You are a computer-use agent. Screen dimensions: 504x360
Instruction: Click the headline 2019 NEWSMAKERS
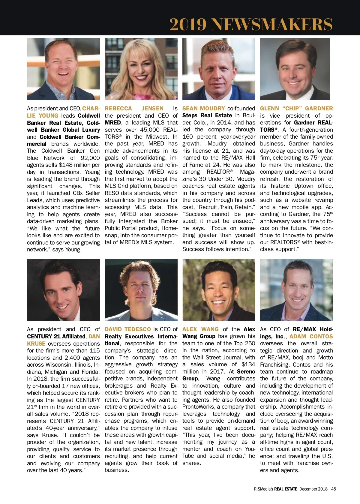tap(251, 24)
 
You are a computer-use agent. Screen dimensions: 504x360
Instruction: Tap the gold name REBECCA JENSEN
tap(134, 108)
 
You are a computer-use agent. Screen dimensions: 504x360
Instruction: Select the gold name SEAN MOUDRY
tap(203, 108)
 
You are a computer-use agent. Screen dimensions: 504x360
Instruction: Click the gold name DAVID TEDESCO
tap(127, 329)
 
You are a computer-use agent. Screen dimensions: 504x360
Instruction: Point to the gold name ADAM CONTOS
tap(311, 336)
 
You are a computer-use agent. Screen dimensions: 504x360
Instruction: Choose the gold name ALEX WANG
tap(200, 329)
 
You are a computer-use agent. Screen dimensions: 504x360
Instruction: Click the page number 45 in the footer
tap(334, 489)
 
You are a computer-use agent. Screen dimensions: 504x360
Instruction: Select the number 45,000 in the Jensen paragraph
tap(145, 130)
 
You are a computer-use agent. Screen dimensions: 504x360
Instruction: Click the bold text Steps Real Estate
tap(207, 115)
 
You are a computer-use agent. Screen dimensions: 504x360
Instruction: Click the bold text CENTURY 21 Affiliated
tap(56, 336)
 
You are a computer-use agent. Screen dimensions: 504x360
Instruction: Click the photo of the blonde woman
tap(141, 69)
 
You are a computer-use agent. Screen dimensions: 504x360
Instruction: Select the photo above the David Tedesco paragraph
tap(141, 290)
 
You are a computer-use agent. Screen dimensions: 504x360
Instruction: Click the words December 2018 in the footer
tap(313, 489)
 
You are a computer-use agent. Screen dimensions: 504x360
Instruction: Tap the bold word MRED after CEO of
tap(113, 123)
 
